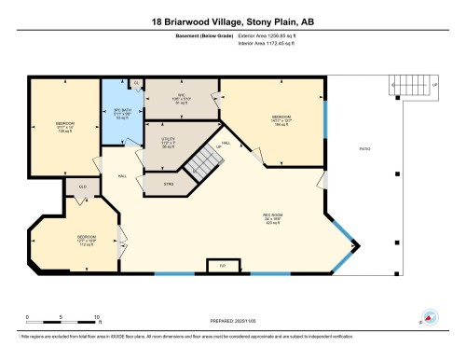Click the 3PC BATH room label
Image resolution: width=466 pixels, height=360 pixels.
117,113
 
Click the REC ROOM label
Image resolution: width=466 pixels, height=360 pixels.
271,215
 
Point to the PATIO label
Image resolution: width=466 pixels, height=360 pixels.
365,149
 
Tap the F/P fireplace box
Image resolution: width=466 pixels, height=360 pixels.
222,266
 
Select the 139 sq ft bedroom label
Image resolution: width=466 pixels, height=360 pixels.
64,124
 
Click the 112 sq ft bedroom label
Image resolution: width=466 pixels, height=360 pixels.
87,239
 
